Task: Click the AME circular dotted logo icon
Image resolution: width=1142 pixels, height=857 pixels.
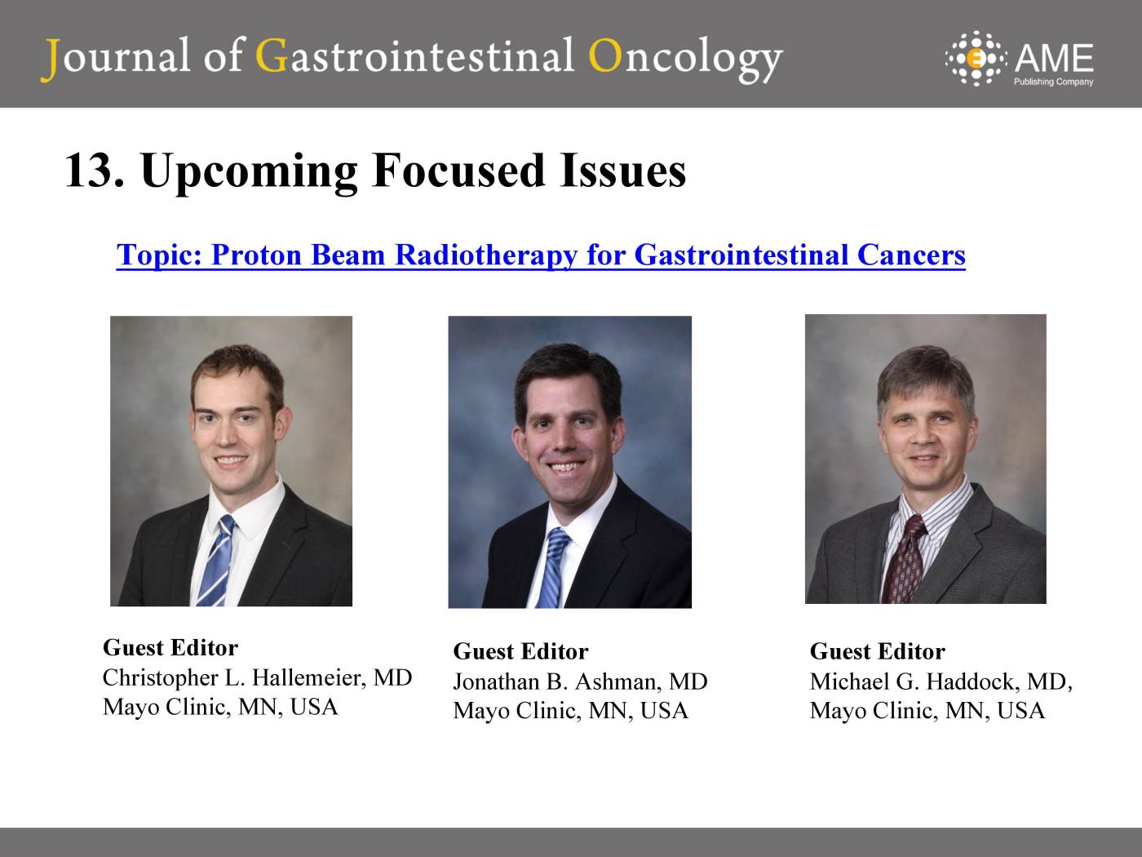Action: [x=976, y=58]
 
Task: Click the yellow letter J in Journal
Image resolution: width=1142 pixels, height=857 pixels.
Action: [x=51, y=59]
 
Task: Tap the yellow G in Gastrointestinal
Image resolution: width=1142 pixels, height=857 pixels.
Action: [x=271, y=55]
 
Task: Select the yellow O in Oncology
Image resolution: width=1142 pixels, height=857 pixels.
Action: [x=606, y=55]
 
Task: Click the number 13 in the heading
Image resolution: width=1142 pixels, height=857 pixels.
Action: [x=94, y=171]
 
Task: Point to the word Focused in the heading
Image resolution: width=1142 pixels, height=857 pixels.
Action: [x=458, y=171]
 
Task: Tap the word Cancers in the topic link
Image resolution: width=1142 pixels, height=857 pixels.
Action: [x=911, y=255]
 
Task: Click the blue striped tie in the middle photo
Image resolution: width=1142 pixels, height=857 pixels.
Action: [x=553, y=567]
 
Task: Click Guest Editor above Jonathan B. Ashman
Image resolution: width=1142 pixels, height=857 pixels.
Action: [x=520, y=651]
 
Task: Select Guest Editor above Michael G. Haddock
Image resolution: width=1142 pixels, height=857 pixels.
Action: [x=877, y=651]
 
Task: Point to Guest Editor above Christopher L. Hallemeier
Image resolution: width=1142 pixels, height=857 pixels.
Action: [x=170, y=648]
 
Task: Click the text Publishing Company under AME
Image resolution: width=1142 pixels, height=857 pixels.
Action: [x=1054, y=82]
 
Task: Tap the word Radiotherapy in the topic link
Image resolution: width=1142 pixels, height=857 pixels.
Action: [x=486, y=255]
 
